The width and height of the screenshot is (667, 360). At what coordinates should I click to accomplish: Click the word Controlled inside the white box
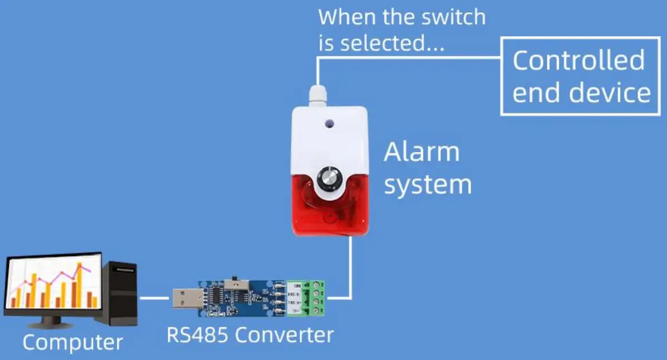(x=578, y=60)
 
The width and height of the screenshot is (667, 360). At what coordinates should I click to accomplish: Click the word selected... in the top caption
(x=392, y=43)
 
